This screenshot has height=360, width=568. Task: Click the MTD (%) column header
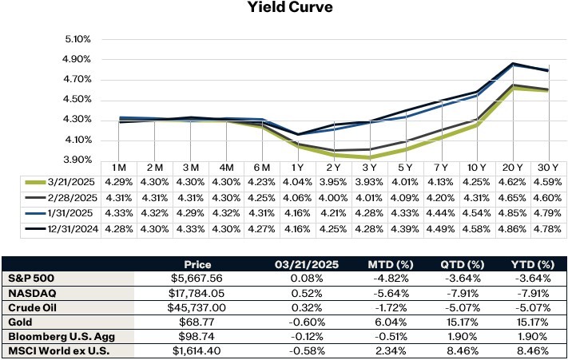pos(383,263)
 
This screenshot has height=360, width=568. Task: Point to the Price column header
pos(197,263)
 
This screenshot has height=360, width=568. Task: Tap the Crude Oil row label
pos(36,307)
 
